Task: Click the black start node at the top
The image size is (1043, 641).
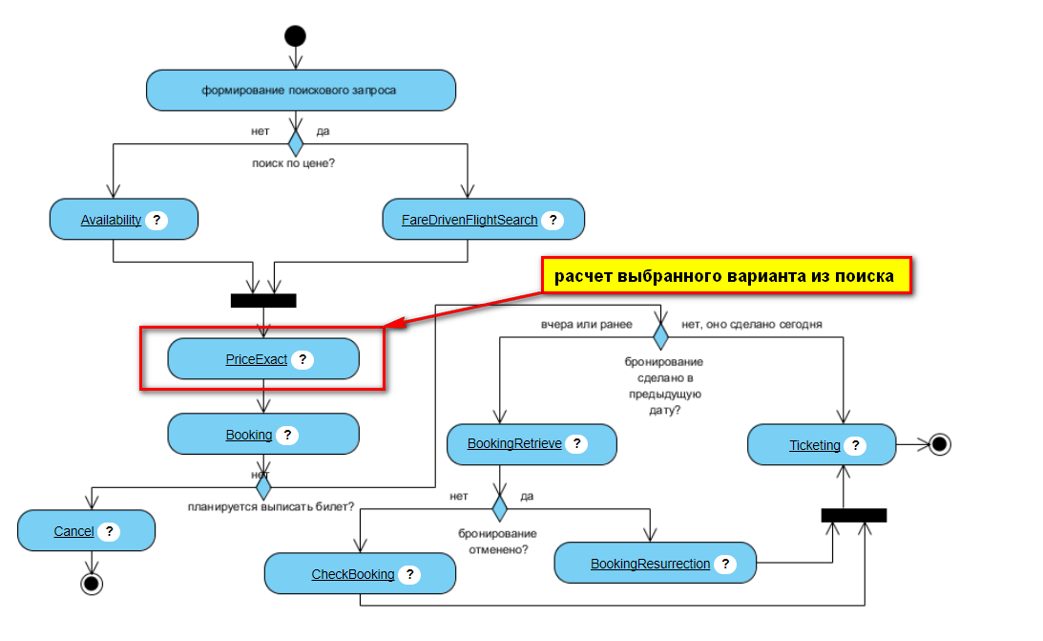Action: (x=295, y=36)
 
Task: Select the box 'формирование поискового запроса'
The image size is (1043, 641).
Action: (x=301, y=91)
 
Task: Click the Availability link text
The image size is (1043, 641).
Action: (x=111, y=220)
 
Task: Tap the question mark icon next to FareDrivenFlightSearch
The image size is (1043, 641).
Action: (x=552, y=220)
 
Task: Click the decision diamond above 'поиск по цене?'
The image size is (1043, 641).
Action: (x=296, y=143)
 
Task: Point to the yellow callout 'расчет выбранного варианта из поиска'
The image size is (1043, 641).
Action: (x=725, y=276)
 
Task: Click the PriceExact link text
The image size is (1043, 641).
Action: (x=257, y=359)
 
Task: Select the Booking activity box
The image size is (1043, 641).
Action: (x=263, y=435)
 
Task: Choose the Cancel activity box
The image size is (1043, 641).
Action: (x=86, y=531)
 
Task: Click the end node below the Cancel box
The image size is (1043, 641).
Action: (x=92, y=583)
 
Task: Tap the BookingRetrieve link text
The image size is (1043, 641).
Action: (x=514, y=444)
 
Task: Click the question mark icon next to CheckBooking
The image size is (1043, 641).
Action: (x=408, y=574)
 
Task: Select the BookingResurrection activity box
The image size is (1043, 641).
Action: (x=655, y=564)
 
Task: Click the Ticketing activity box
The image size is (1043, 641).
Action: (x=822, y=445)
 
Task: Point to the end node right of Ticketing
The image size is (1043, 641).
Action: (x=940, y=444)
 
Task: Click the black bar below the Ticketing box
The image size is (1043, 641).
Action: (x=854, y=515)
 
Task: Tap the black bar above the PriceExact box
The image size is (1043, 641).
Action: (x=263, y=300)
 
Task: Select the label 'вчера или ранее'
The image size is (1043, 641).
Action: (x=587, y=324)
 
